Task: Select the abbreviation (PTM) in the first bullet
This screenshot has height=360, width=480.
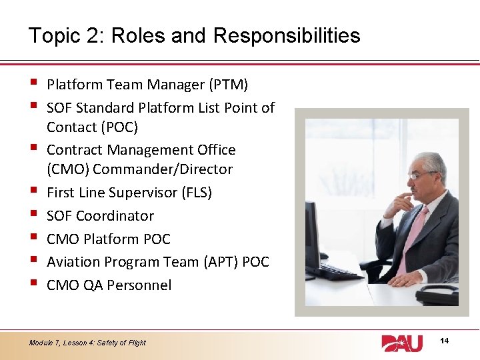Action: coord(228,85)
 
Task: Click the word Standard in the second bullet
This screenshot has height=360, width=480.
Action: coord(119,107)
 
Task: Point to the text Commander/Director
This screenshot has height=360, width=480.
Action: coord(163,169)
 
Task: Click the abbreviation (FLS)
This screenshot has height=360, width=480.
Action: coord(197,193)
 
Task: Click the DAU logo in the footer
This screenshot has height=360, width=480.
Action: coord(402,343)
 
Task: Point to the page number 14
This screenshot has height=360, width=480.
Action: coord(445,341)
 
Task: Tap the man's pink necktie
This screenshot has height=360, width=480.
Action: coord(411,233)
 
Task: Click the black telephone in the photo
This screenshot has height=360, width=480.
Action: coord(437,293)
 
